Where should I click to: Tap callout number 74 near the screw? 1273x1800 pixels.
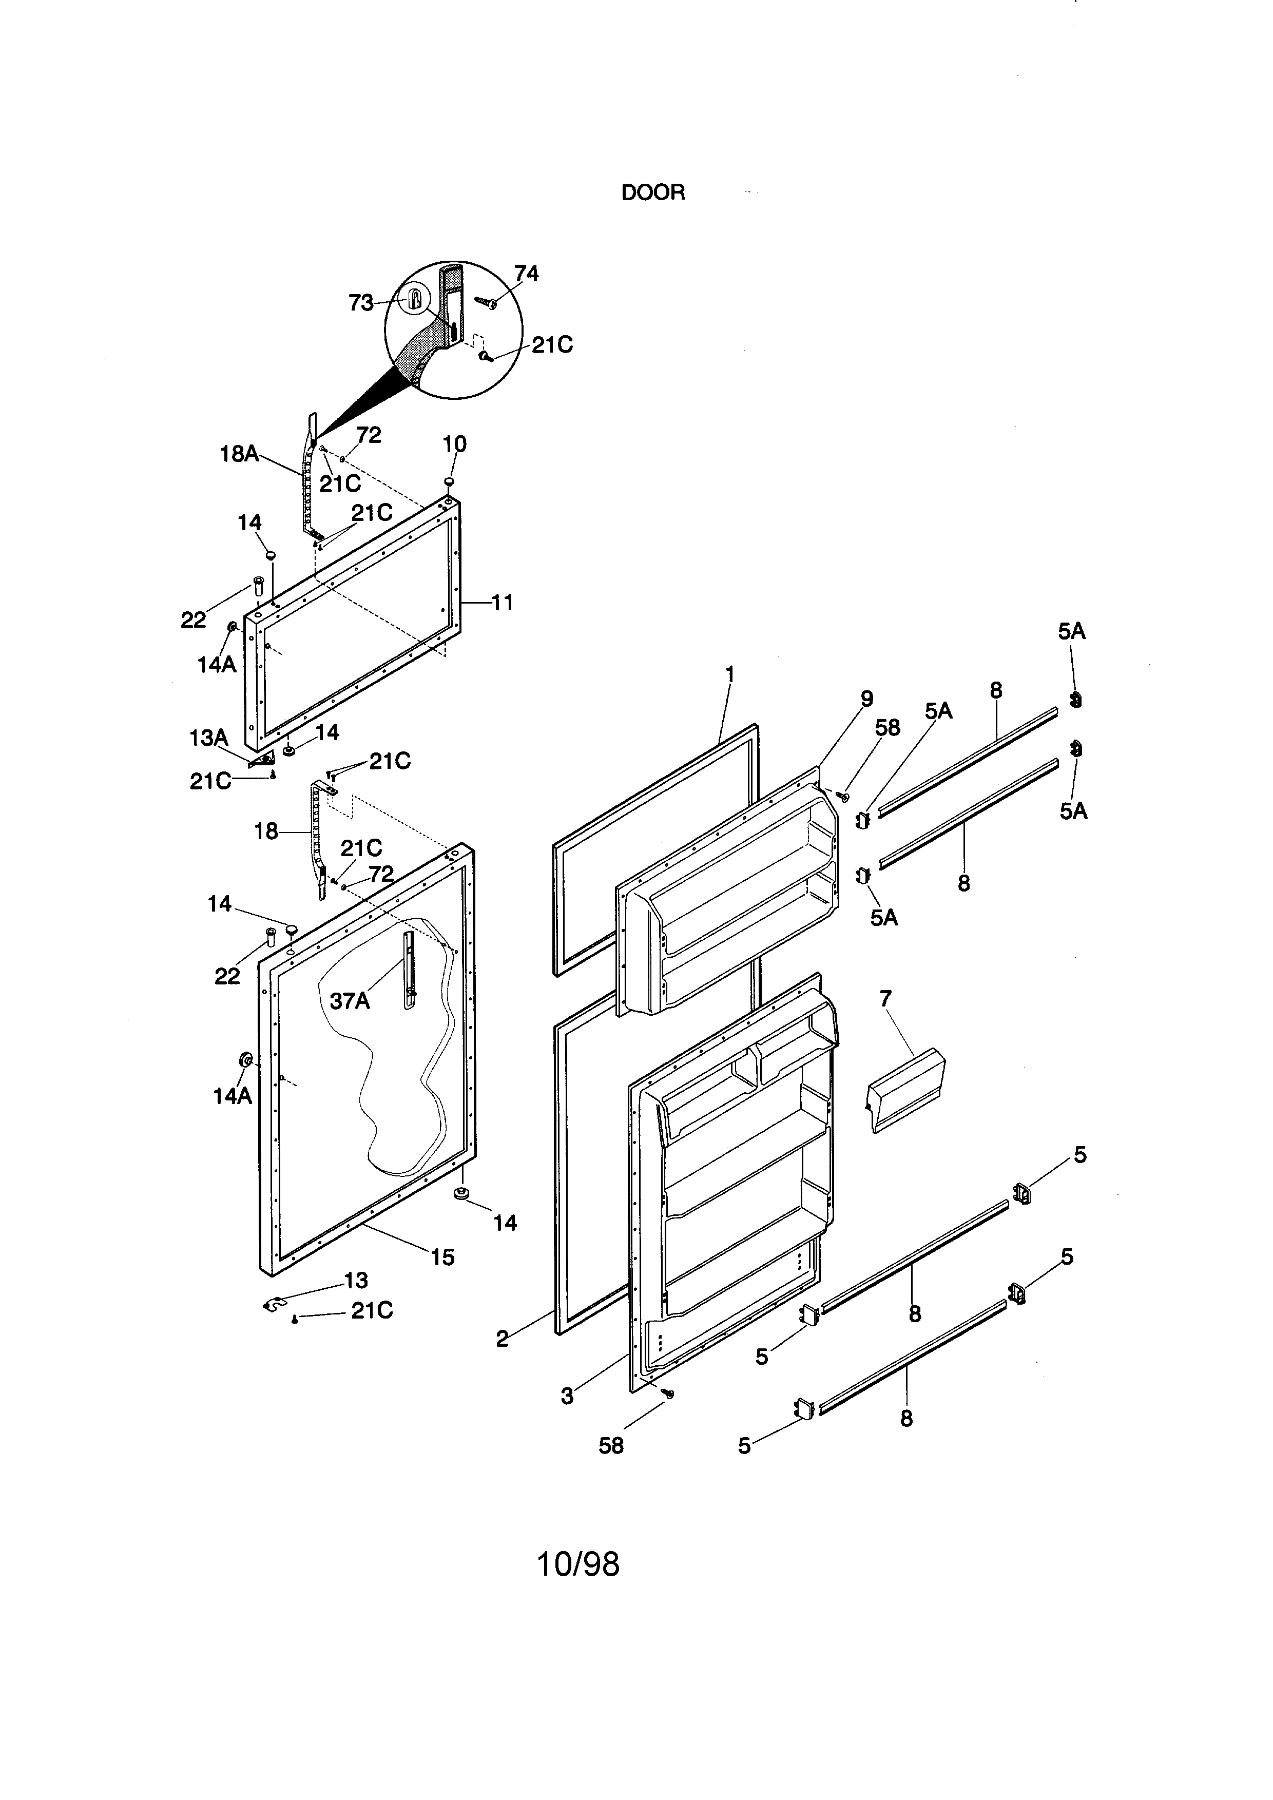click(526, 274)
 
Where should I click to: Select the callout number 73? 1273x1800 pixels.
click(360, 303)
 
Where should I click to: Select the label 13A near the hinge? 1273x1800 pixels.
click(208, 738)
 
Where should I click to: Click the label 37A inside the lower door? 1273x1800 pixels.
click(350, 1001)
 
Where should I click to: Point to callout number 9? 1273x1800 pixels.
click(866, 699)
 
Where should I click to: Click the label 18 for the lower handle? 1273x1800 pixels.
click(266, 832)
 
